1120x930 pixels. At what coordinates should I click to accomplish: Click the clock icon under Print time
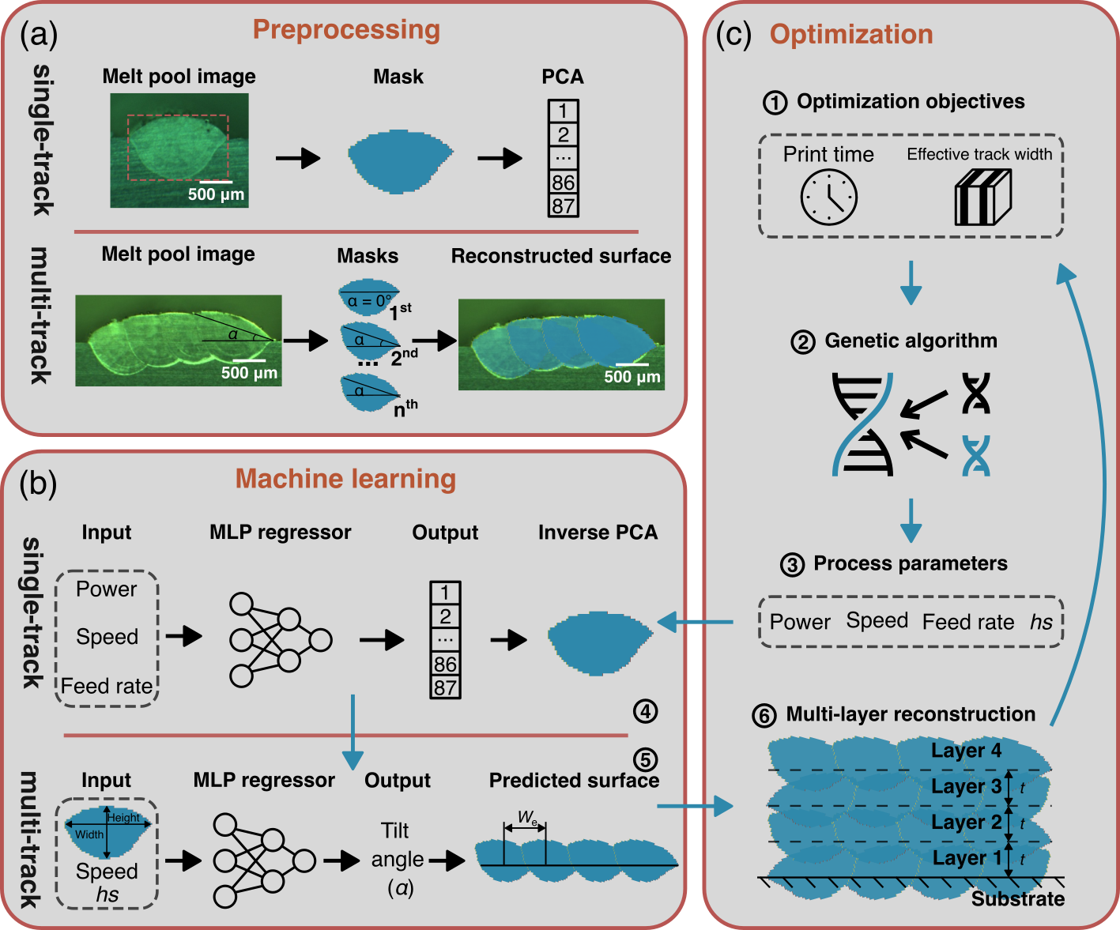click(828, 198)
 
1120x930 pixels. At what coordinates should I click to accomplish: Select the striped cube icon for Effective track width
click(982, 198)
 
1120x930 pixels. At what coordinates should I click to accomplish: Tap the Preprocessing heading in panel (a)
click(346, 29)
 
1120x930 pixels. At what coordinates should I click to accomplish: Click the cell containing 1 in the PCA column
click(563, 111)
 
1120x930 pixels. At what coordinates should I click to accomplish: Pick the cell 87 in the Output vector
click(445, 687)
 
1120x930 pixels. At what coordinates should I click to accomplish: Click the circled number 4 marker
click(645, 711)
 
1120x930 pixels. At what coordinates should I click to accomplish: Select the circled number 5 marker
click(645, 759)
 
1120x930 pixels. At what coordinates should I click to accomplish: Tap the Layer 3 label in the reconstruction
click(966, 786)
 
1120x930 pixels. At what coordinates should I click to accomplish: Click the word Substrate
click(1017, 899)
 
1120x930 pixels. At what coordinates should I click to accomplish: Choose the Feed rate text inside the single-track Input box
click(107, 686)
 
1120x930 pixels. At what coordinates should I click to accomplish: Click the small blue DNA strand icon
click(976, 455)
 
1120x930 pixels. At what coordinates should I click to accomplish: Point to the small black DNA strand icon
click(976, 393)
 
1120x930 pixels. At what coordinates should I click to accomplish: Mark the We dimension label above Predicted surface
click(527, 817)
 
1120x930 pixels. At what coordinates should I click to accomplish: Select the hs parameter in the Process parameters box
click(1041, 623)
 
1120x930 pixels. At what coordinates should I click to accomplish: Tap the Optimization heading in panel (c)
click(851, 34)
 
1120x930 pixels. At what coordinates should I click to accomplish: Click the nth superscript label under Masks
click(405, 409)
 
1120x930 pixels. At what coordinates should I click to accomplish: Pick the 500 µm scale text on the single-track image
click(216, 194)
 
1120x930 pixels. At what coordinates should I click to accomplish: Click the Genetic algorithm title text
click(911, 341)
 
